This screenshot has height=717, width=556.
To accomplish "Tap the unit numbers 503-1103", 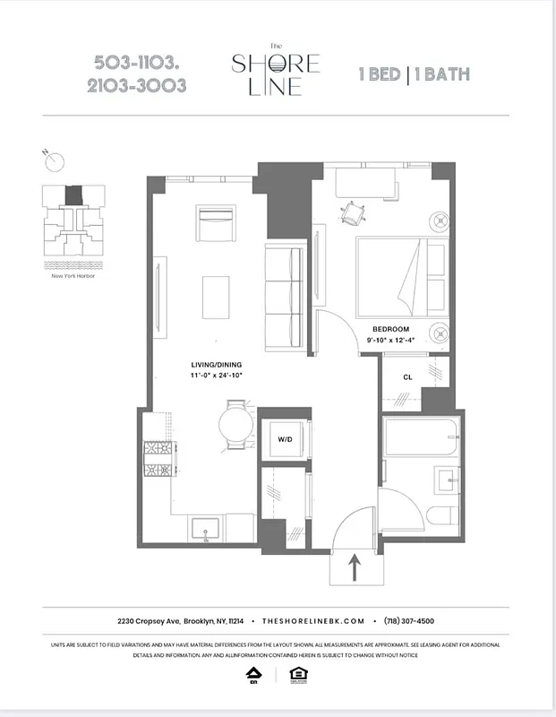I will pyautogui.click(x=141, y=63).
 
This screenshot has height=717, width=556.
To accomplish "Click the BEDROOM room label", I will pyautogui.click(x=390, y=329).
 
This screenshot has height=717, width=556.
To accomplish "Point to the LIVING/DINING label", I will pyautogui.click(x=216, y=365).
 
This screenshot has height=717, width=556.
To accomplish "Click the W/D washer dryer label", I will pyautogui.click(x=286, y=439).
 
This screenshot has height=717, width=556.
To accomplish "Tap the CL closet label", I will pyautogui.click(x=407, y=377).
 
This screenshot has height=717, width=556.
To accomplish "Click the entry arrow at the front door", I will pyautogui.click(x=355, y=566).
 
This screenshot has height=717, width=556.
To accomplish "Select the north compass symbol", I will pyautogui.click(x=55, y=161).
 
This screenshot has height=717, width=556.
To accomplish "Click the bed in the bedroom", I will pyautogui.click(x=401, y=276).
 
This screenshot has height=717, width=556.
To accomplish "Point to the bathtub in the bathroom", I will pyautogui.click(x=420, y=439).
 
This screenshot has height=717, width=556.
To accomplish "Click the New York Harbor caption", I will pyautogui.click(x=73, y=276).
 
